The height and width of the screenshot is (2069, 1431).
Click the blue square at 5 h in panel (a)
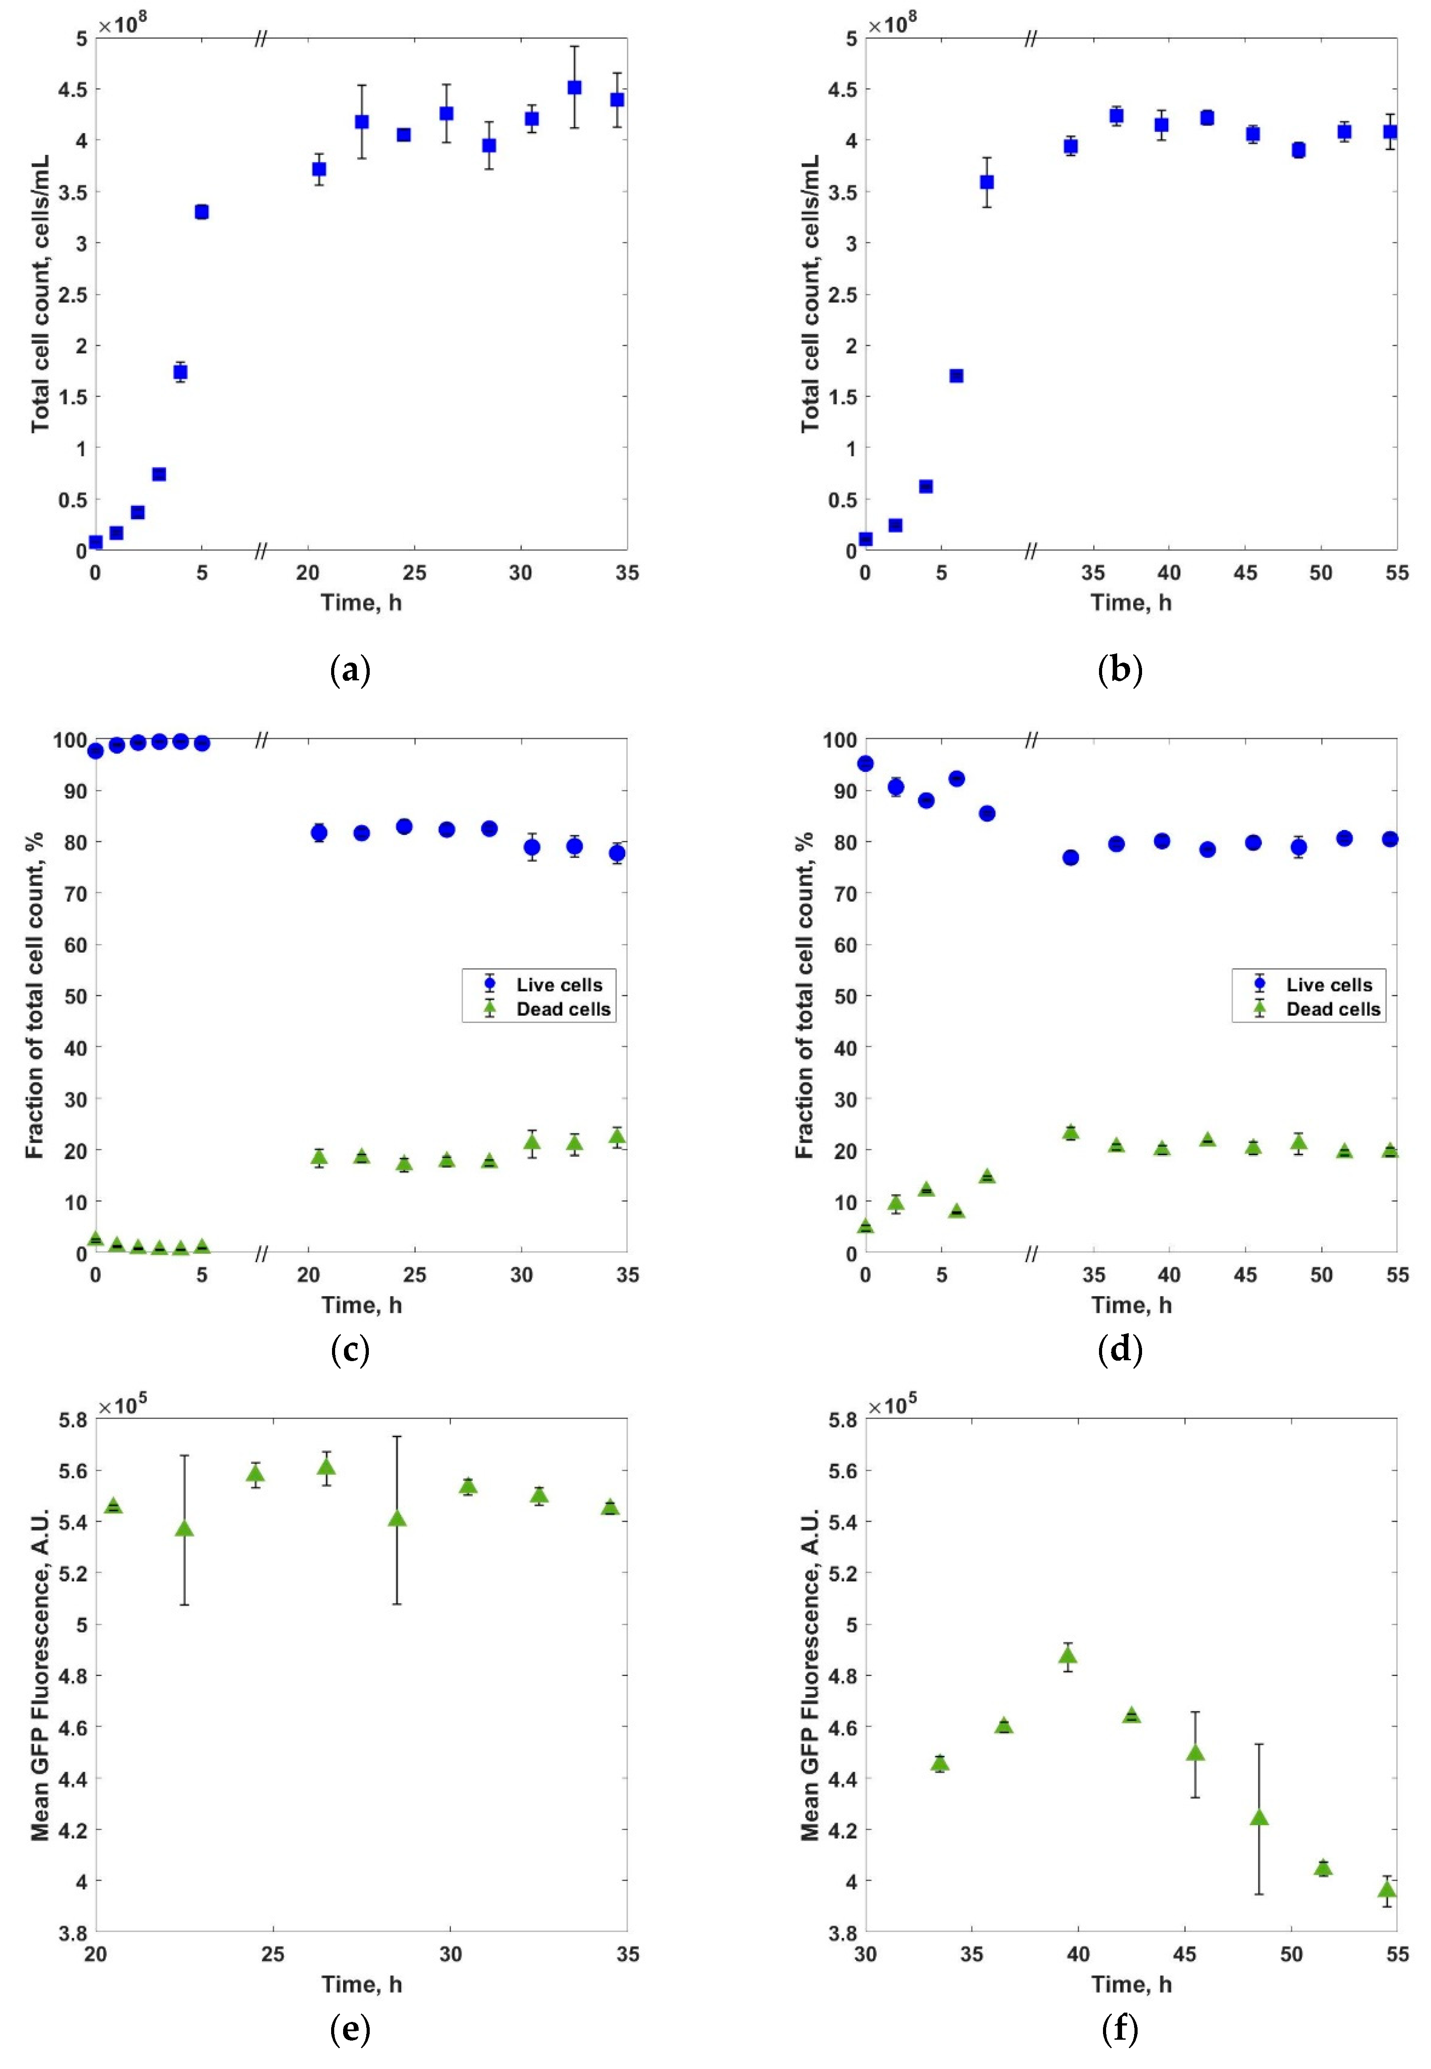click(x=202, y=212)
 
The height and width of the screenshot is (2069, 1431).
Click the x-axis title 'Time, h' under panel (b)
click(x=1131, y=603)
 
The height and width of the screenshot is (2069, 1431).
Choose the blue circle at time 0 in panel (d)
click(x=865, y=763)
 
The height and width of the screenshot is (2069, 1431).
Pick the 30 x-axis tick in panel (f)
click(x=865, y=1954)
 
